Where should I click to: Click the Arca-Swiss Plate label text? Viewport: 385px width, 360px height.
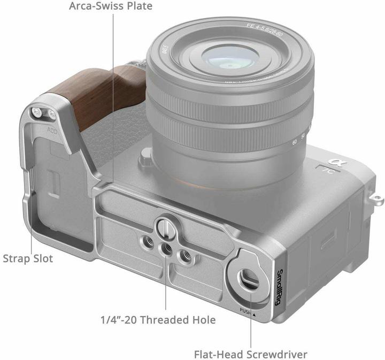[111, 7]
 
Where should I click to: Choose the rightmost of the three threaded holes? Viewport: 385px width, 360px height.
[186, 256]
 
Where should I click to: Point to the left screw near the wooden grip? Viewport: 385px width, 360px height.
[37, 111]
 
